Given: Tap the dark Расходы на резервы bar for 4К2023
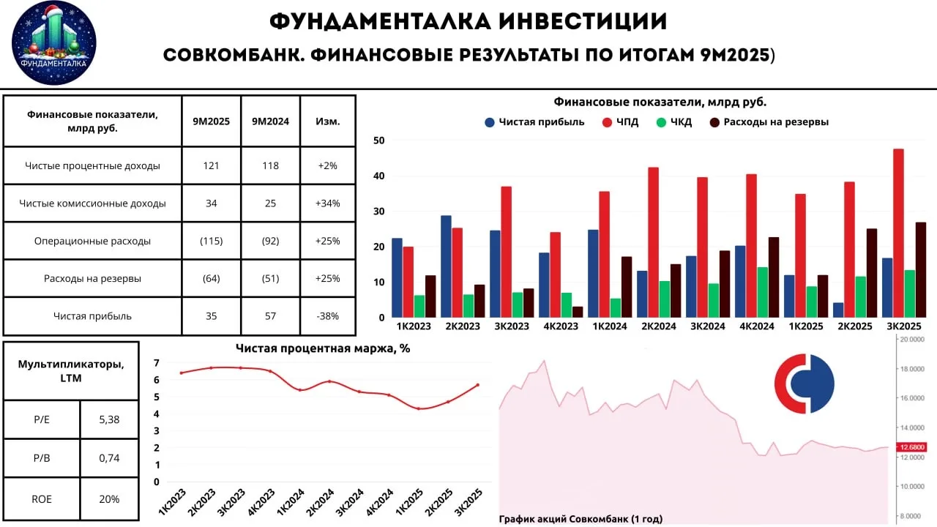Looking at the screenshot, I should pos(578,312).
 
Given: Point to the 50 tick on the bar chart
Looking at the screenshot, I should pos(378,141).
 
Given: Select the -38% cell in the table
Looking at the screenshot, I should pos(328,316).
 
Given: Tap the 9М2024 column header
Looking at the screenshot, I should pos(270,122).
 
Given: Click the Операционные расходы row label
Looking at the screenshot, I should pos(92,241).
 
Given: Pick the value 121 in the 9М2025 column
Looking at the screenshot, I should pos(212,165).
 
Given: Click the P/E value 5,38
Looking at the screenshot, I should pos(108,419).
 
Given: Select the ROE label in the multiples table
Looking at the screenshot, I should pos(41,498).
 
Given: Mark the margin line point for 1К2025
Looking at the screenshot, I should pos(418,408).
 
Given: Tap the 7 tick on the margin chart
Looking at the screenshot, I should pos(157,362).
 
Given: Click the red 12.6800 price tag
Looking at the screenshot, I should pos(912,447).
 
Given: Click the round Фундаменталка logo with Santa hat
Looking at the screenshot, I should pos(54,43).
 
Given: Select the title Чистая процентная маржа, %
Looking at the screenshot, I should pos(323,348).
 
